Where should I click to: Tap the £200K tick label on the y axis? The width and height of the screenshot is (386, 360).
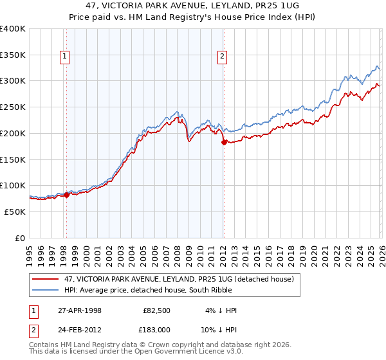(x=13, y=133)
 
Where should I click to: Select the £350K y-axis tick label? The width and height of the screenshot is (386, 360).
(x=13, y=55)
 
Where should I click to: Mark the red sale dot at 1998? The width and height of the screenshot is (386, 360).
(x=67, y=195)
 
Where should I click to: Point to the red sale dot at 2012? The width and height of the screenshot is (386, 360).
(x=223, y=142)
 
